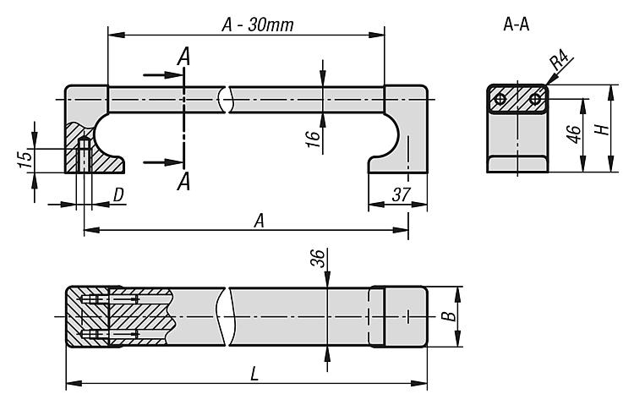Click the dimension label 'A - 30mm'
pos(258,25)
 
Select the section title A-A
pos(516,25)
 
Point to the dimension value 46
pos(574,134)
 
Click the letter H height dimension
pos(602,129)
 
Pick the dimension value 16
pos(314,139)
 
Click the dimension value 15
pos(25,159)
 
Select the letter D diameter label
pos(118,195)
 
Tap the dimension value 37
pos(401,194)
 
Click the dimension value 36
pos(317,258)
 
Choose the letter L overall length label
pos(254,374)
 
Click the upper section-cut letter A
pos(183,57)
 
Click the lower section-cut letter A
pos(183,181)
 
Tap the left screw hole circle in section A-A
pos(500,98)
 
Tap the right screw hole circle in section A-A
pos(535,98)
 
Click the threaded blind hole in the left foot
pos(84,155)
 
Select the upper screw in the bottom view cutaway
pos(110,299)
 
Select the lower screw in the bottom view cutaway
pos(110,334)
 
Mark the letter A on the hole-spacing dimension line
pos(260,221)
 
